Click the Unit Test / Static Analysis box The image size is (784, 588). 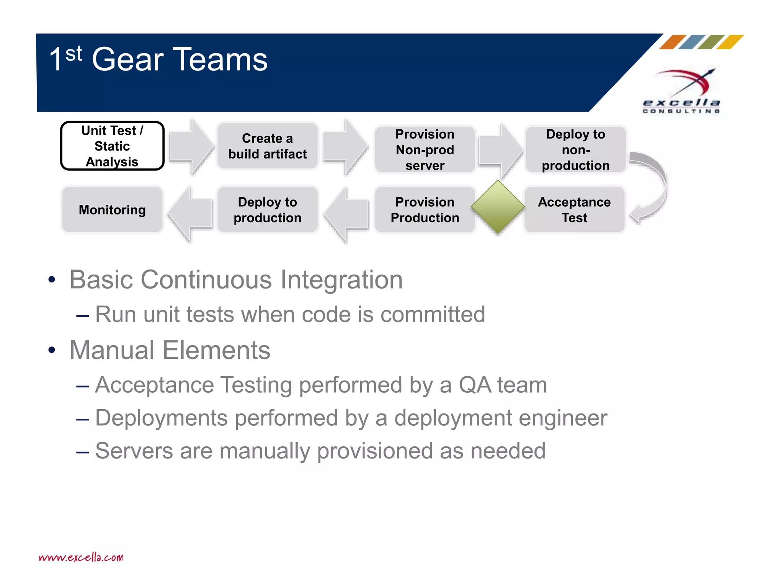(x=112, y=146)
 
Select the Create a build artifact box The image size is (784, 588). (x=267, y=146)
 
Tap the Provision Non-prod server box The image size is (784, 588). (x=425, y=150)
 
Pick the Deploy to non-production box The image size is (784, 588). (x=575, y=150)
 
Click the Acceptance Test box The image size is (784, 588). (x=574, y=210)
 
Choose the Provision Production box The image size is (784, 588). (x=425, y=210)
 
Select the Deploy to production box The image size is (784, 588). (x=267, y=210)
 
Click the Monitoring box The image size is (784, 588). (x=112, y=210)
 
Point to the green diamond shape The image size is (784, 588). (x=498, y=207)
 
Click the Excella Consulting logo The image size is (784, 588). (x=682, y=92)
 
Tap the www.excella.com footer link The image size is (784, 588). (x=81, y=557)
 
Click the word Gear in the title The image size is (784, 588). (x=128, y=60)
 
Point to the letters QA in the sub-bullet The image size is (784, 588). (x=474, y=385)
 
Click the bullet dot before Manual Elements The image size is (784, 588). (x=52, y=350)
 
